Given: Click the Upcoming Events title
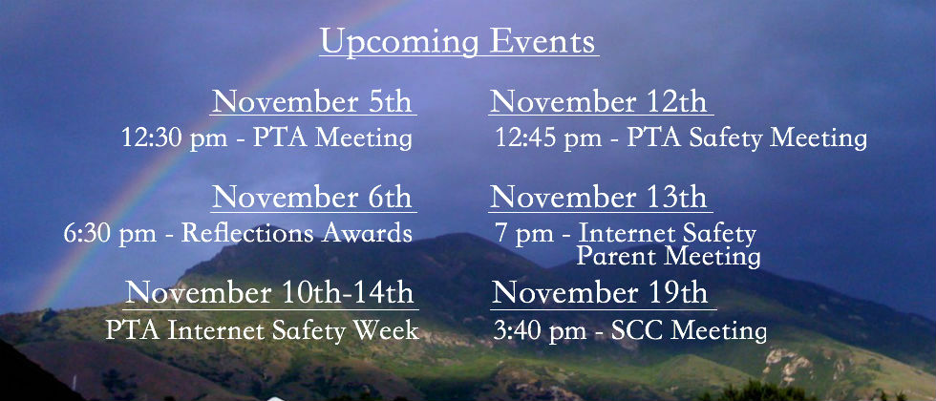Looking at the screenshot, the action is pos(457,42).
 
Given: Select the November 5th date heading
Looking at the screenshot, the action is pos(312,101).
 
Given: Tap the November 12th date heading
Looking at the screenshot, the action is pos(599,101).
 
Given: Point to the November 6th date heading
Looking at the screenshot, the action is pos(312,197).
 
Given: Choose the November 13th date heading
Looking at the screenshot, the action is pos(599,197).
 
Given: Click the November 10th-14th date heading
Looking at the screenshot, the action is pos(269,293).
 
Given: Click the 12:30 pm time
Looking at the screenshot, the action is pos(174,138).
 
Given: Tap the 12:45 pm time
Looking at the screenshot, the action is pos(548,138).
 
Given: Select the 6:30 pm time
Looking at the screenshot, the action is pos(110,233).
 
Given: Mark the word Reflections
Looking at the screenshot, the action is pos(247,232).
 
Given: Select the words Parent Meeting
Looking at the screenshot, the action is pos(669,257).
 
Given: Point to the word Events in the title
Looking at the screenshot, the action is pos(542,42).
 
